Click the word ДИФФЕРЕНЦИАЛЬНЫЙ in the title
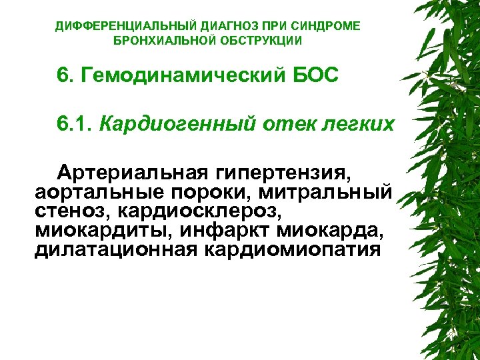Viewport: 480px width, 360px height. coord(117,26)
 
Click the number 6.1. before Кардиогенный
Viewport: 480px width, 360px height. coord(73,124)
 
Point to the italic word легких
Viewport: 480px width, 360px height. coord(358,124)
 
